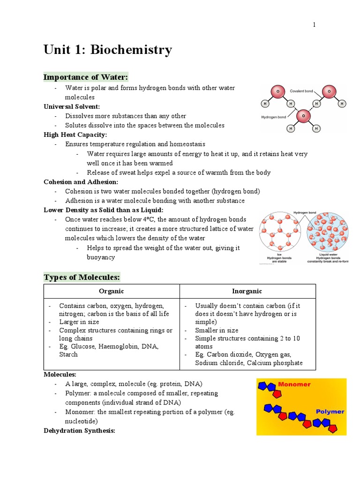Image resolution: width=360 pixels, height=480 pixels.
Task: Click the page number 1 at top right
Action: [314, 25]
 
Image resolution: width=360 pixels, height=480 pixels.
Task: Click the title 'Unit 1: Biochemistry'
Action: [108, 50]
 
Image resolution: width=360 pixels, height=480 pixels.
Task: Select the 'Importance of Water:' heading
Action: [86, 77]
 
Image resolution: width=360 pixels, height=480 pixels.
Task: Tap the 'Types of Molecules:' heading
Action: [82, 277]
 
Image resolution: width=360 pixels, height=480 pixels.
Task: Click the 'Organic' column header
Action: [112, 291]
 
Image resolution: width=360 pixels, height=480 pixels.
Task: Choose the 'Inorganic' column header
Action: [247, 291]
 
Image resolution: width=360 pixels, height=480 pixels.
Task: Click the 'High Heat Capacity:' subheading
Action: [75, 135]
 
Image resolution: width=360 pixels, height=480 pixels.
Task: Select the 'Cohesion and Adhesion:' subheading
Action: [81, 182]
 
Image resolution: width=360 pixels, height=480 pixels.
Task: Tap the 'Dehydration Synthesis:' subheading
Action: [79, 430]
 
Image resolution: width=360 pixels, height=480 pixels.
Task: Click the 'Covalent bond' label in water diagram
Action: [301, 91]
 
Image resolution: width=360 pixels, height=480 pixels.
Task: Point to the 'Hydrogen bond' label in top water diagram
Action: [274, 117]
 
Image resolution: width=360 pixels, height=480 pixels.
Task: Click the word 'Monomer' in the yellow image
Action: [294, 384]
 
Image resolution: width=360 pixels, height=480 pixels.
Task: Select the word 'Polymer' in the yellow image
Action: [330, 412]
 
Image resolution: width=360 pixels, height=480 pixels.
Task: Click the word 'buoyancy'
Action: [101, 257]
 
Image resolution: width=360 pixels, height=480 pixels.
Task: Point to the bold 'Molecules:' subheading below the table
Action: [60, 375]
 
